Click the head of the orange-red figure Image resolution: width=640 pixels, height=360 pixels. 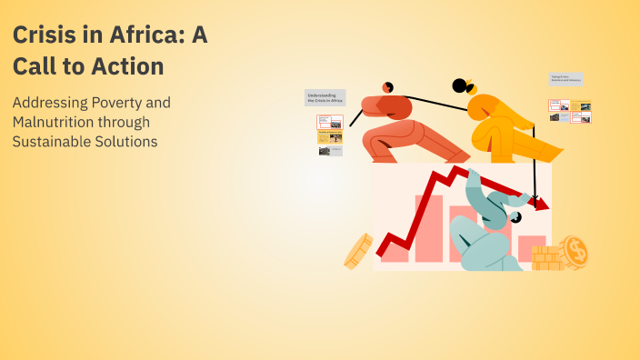(388, 87)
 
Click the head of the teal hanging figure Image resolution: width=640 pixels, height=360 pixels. (515, 218)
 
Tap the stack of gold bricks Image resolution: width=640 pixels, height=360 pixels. (547, 258)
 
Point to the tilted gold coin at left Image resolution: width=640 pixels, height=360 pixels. (358, 251)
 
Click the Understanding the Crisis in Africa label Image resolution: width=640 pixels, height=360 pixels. (324, 97)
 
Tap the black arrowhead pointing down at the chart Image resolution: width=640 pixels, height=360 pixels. (536, 198)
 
